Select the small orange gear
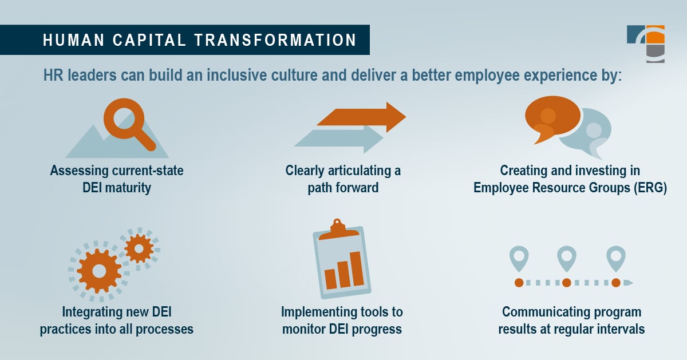(x=139, y=248)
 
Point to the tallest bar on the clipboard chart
(x=356, y=268)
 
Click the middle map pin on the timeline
(x=567, y=258)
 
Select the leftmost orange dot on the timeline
(x=519, y=282)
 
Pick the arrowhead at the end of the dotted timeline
(x=628, y=282)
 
